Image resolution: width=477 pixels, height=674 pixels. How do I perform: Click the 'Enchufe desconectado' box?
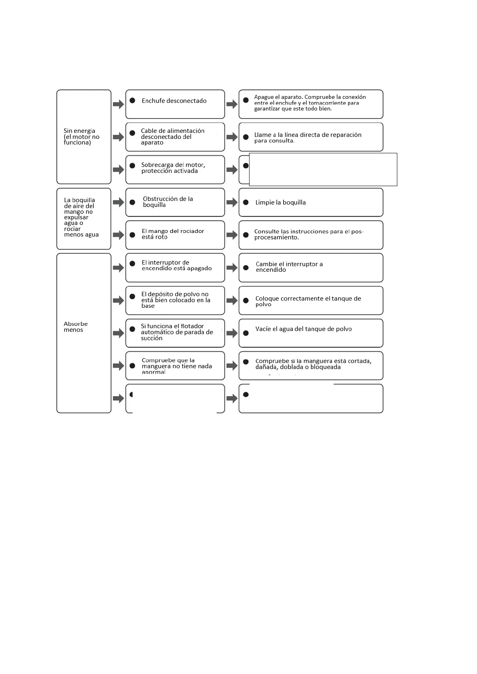[x=175, y=104]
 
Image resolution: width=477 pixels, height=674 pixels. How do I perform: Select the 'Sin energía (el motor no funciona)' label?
[x=81, y=136]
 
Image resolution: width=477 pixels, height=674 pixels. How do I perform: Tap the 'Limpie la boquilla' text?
[x=280, y=203]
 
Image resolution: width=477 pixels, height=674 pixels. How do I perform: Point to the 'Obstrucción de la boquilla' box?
[x=175, y=202]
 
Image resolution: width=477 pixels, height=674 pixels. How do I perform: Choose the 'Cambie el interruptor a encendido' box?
[x=311, y=267]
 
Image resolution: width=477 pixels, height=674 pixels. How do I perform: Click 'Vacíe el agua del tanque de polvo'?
[x=304, y=329]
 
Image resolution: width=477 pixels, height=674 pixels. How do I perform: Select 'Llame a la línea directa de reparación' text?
[x=308, y=135]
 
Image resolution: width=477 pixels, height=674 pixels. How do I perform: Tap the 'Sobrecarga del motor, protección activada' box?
[x=175, y=169]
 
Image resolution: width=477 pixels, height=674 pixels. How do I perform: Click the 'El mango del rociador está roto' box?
[x=175, y=235]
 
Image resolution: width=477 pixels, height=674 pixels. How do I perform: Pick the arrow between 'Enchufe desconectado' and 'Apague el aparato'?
[x=232, y=104]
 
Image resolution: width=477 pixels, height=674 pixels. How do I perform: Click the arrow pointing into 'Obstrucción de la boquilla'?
[x=119, y=203]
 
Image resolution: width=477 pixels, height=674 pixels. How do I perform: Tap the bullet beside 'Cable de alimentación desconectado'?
[x=132, y=133]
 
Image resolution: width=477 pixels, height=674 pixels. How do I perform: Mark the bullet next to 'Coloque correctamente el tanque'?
[x=246, y=301]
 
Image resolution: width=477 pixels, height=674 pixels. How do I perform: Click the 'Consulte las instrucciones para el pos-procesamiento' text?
[x=308, y=235]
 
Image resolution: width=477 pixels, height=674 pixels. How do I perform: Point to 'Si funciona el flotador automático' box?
[x=175, y=333]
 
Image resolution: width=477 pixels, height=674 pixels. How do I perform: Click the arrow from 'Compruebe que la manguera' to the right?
[x=232, y=366]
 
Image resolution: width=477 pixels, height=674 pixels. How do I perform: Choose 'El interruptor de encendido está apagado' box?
[x=175, y=267]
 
